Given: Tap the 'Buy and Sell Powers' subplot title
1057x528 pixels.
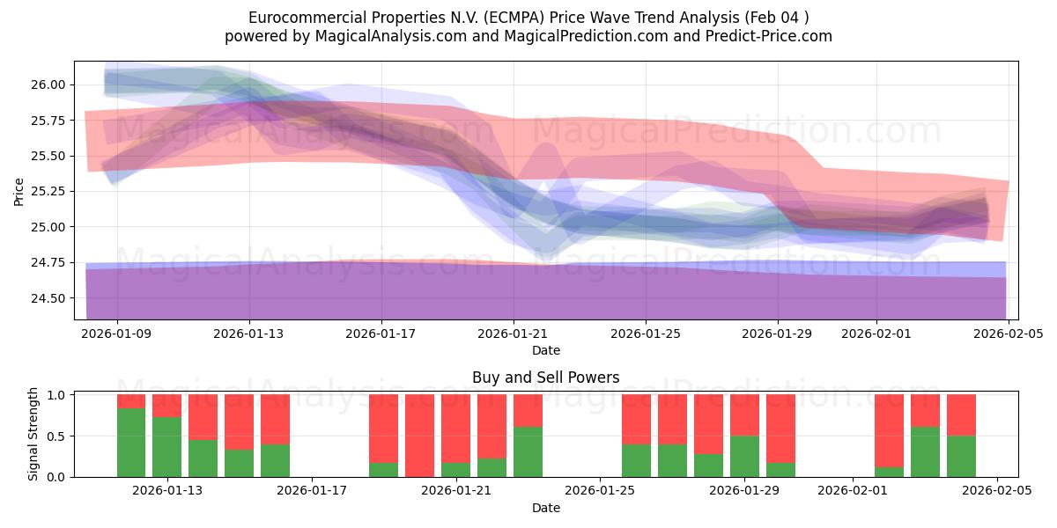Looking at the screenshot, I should (545, 378).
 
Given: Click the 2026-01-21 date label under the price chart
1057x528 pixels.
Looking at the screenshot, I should (514, 334).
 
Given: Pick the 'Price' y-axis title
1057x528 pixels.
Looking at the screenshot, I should (19, 191).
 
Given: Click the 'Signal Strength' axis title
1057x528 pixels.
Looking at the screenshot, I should (33, 434).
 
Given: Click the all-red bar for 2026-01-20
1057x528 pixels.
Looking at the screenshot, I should (419, 436).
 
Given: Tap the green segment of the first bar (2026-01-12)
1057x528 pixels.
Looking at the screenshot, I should (131, 443).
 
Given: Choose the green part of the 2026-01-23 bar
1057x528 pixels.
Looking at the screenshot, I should (528, 452).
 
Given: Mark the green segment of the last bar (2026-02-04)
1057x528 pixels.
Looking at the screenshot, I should (961, 457).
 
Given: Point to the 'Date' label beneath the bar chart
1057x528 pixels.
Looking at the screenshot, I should (545, 508).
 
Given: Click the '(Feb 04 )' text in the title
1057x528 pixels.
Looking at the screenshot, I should (774, 18).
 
